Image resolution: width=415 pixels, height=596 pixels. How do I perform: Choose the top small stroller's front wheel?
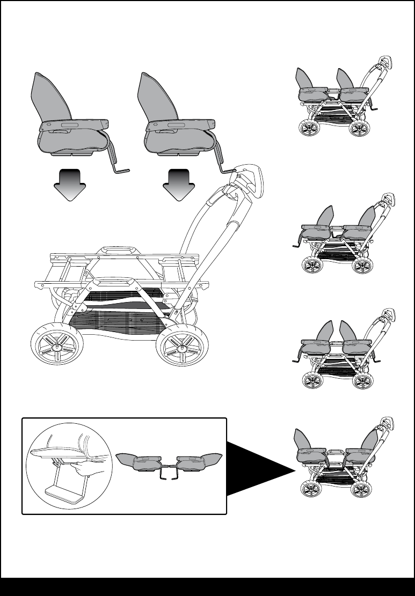click(309, 130)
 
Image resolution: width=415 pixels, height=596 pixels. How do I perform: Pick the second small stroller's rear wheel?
click(361, 266)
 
